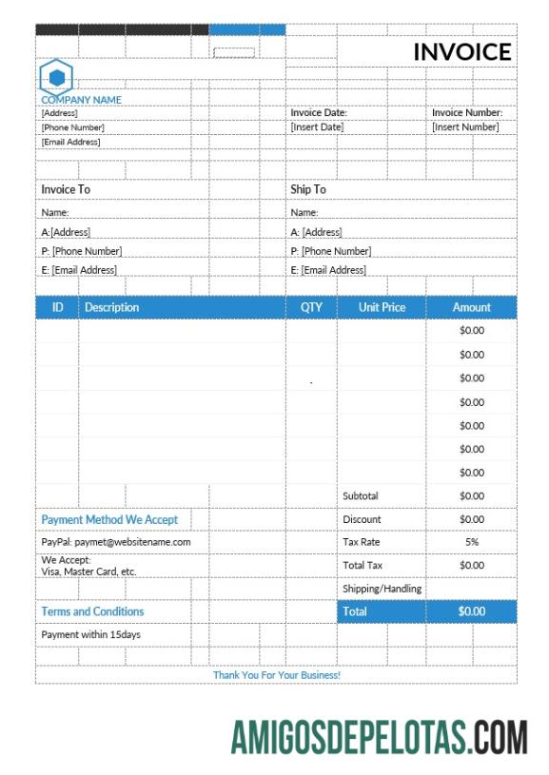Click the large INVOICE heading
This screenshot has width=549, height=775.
(x=461, y=52)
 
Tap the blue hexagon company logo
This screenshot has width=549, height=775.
(x=55, y=76)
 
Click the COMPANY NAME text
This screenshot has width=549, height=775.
(x=81, y=99)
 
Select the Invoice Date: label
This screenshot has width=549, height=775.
(x=319, y=112)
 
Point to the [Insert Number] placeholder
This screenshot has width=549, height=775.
(x=465, y=126)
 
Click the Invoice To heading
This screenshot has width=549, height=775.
(x=66, y=189)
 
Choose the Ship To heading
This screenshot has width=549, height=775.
(x=307, y=189)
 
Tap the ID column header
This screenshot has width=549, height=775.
(x=58, y=307)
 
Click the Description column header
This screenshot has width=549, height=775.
(x=111, y=307)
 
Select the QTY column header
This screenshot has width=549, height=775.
(x=311, y=307)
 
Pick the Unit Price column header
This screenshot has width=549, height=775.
(x=382, y=307)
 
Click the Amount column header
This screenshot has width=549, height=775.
(x=472, y=307)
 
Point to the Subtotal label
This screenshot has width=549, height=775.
(x=361, y=495)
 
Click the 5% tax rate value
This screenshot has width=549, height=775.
(x=472, y=542)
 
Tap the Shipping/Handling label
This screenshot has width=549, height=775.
(x=382, y=589)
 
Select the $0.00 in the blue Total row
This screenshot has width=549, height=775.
(x=472, y=611)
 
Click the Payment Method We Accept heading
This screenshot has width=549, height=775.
(x=109, y=520)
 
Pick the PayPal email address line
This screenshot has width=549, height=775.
(x=116, y=542)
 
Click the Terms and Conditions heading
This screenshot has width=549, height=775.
(x=92, y=611)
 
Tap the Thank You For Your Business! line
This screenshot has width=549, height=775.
(x=276, y=675)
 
